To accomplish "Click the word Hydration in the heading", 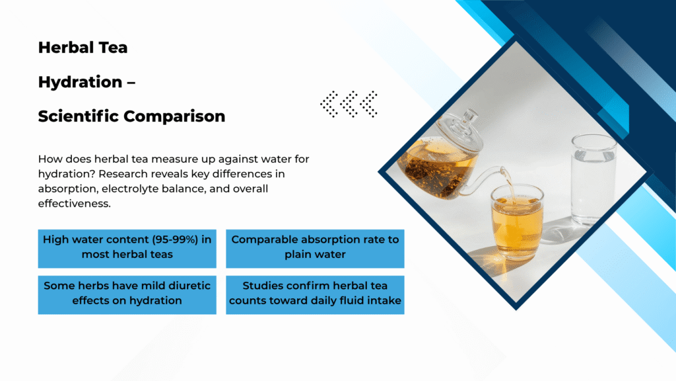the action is pos(80,81).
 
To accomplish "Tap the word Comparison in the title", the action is pos(174,116).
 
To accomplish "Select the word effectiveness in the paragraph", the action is pos(74,204).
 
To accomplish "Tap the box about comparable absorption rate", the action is pos(315,249).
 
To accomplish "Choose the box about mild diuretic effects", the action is pos(127,295).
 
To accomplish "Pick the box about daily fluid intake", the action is pos(315,295).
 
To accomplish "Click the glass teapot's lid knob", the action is pos(470,115).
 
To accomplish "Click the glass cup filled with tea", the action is pos(518,223).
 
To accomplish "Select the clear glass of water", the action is pos(593,179).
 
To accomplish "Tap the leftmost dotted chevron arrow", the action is pos(330,104).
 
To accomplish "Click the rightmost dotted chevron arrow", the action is pos(369,104).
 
